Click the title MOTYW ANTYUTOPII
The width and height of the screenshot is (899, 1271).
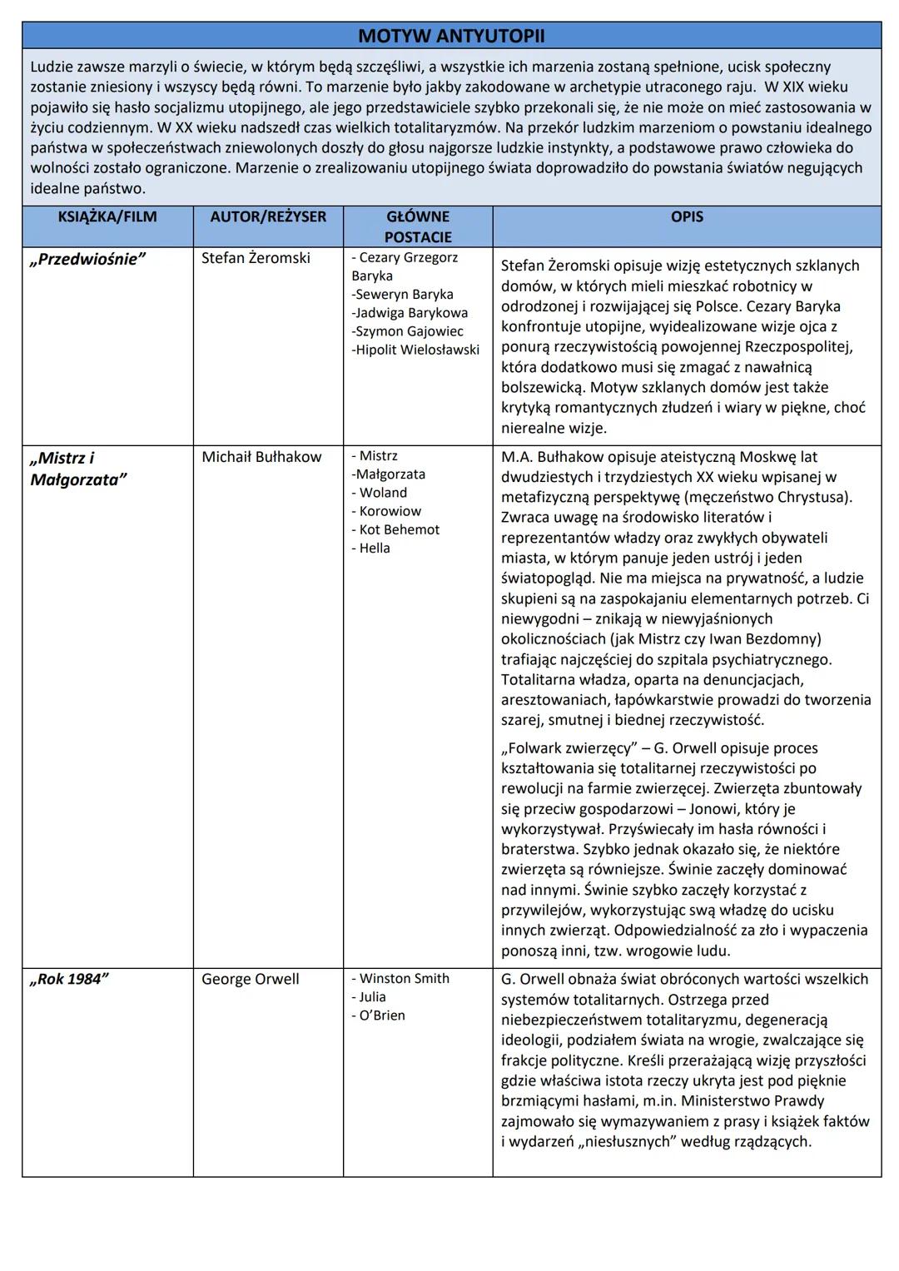click(x=451, y=36)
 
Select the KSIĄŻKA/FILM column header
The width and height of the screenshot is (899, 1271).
click(x=107, y=217)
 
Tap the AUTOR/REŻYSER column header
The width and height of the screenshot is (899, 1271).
click(x=268, y=217)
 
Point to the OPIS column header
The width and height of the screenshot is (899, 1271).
click(x=687, y=217)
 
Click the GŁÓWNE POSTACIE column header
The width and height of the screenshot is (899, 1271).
click(x=418, y=226)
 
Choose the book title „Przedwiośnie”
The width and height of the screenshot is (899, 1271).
click(x=87, y=259)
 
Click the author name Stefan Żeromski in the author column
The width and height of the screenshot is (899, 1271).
click(x=256, y=258)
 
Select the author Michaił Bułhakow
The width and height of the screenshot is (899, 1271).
click(x=261, y=457)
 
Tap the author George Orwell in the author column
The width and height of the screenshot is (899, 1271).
click(x=250, y=980)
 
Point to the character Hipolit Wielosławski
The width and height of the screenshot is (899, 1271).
click(x=415, y=350)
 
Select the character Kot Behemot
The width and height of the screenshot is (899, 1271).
click(x=399, y=529)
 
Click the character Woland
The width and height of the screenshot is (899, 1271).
click(x=383, y=493)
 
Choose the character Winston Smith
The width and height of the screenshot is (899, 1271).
click(x=404, y=979)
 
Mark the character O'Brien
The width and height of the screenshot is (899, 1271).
click(x=382, y=1015)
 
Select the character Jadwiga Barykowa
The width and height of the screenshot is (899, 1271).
click(x=410, y=313)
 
